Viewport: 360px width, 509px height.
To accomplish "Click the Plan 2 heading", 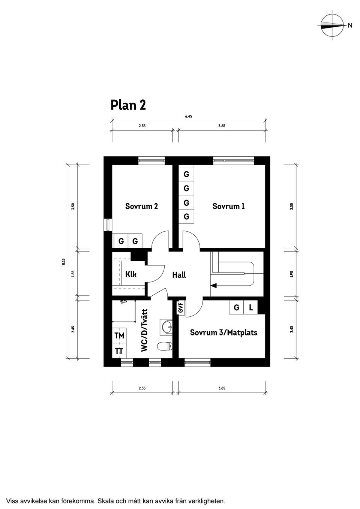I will (x=128, y=105).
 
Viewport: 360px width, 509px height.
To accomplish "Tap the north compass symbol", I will (x=332, y=25).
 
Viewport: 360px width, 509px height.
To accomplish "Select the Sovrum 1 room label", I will (x=228, y=206).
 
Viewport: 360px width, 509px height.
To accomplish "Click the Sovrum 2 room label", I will (x=141, y=206).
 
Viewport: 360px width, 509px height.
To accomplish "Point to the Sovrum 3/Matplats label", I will (x=223, y=332).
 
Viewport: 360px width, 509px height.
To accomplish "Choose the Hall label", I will (x=179, y=275).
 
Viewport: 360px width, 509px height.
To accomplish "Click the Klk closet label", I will (x=131, y=274).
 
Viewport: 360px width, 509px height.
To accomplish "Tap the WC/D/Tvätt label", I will (x=145, y=330).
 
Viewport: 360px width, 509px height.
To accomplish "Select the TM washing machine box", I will (x=120, y=336).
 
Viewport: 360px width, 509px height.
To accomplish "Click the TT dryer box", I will (x=120, y=351).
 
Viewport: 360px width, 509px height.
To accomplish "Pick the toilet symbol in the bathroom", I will (x=165, y=346).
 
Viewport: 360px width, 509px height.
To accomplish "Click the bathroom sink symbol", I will (x=166, y=327).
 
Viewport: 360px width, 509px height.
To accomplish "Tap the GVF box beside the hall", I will (x=181, y=308).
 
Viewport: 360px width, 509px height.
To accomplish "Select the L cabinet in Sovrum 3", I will (x=251, y=308).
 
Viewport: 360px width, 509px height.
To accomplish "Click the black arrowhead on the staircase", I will (x=213, y=286).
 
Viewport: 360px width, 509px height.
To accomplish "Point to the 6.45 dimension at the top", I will (x=189, y=117).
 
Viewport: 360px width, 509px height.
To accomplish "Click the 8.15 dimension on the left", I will (x=63, y=261).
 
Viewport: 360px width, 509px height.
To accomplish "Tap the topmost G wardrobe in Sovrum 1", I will (x=186, y=175).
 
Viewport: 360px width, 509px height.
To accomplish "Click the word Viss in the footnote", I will (x=13, y=500).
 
